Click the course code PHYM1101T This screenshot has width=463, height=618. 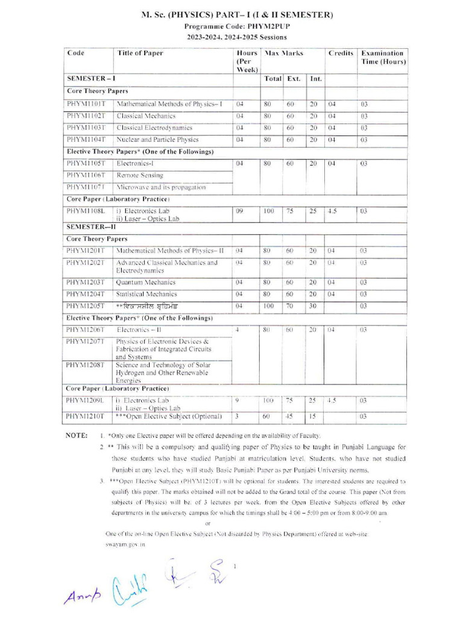[x=86, y=104]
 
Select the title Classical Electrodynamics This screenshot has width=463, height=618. [x=154, y=127]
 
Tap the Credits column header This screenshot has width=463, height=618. [x=341, y=53]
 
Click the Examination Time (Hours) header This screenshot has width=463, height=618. [x=383, y=57]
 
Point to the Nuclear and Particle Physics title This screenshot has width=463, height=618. [x=157, y=139]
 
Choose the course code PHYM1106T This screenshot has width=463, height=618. [x=86, y=175]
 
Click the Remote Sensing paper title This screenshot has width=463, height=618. [x=140, y=175]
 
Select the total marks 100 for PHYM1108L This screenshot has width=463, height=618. [x=268, y=212]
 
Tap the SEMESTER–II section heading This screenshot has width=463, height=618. [x=91, y=227]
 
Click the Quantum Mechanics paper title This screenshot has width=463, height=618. [x=146, y=282]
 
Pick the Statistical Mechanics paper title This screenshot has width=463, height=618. [x=147, y=294]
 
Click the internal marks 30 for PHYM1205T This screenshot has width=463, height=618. [x=313, y=306]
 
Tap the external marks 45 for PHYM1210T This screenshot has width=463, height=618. [x=290, y=416]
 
